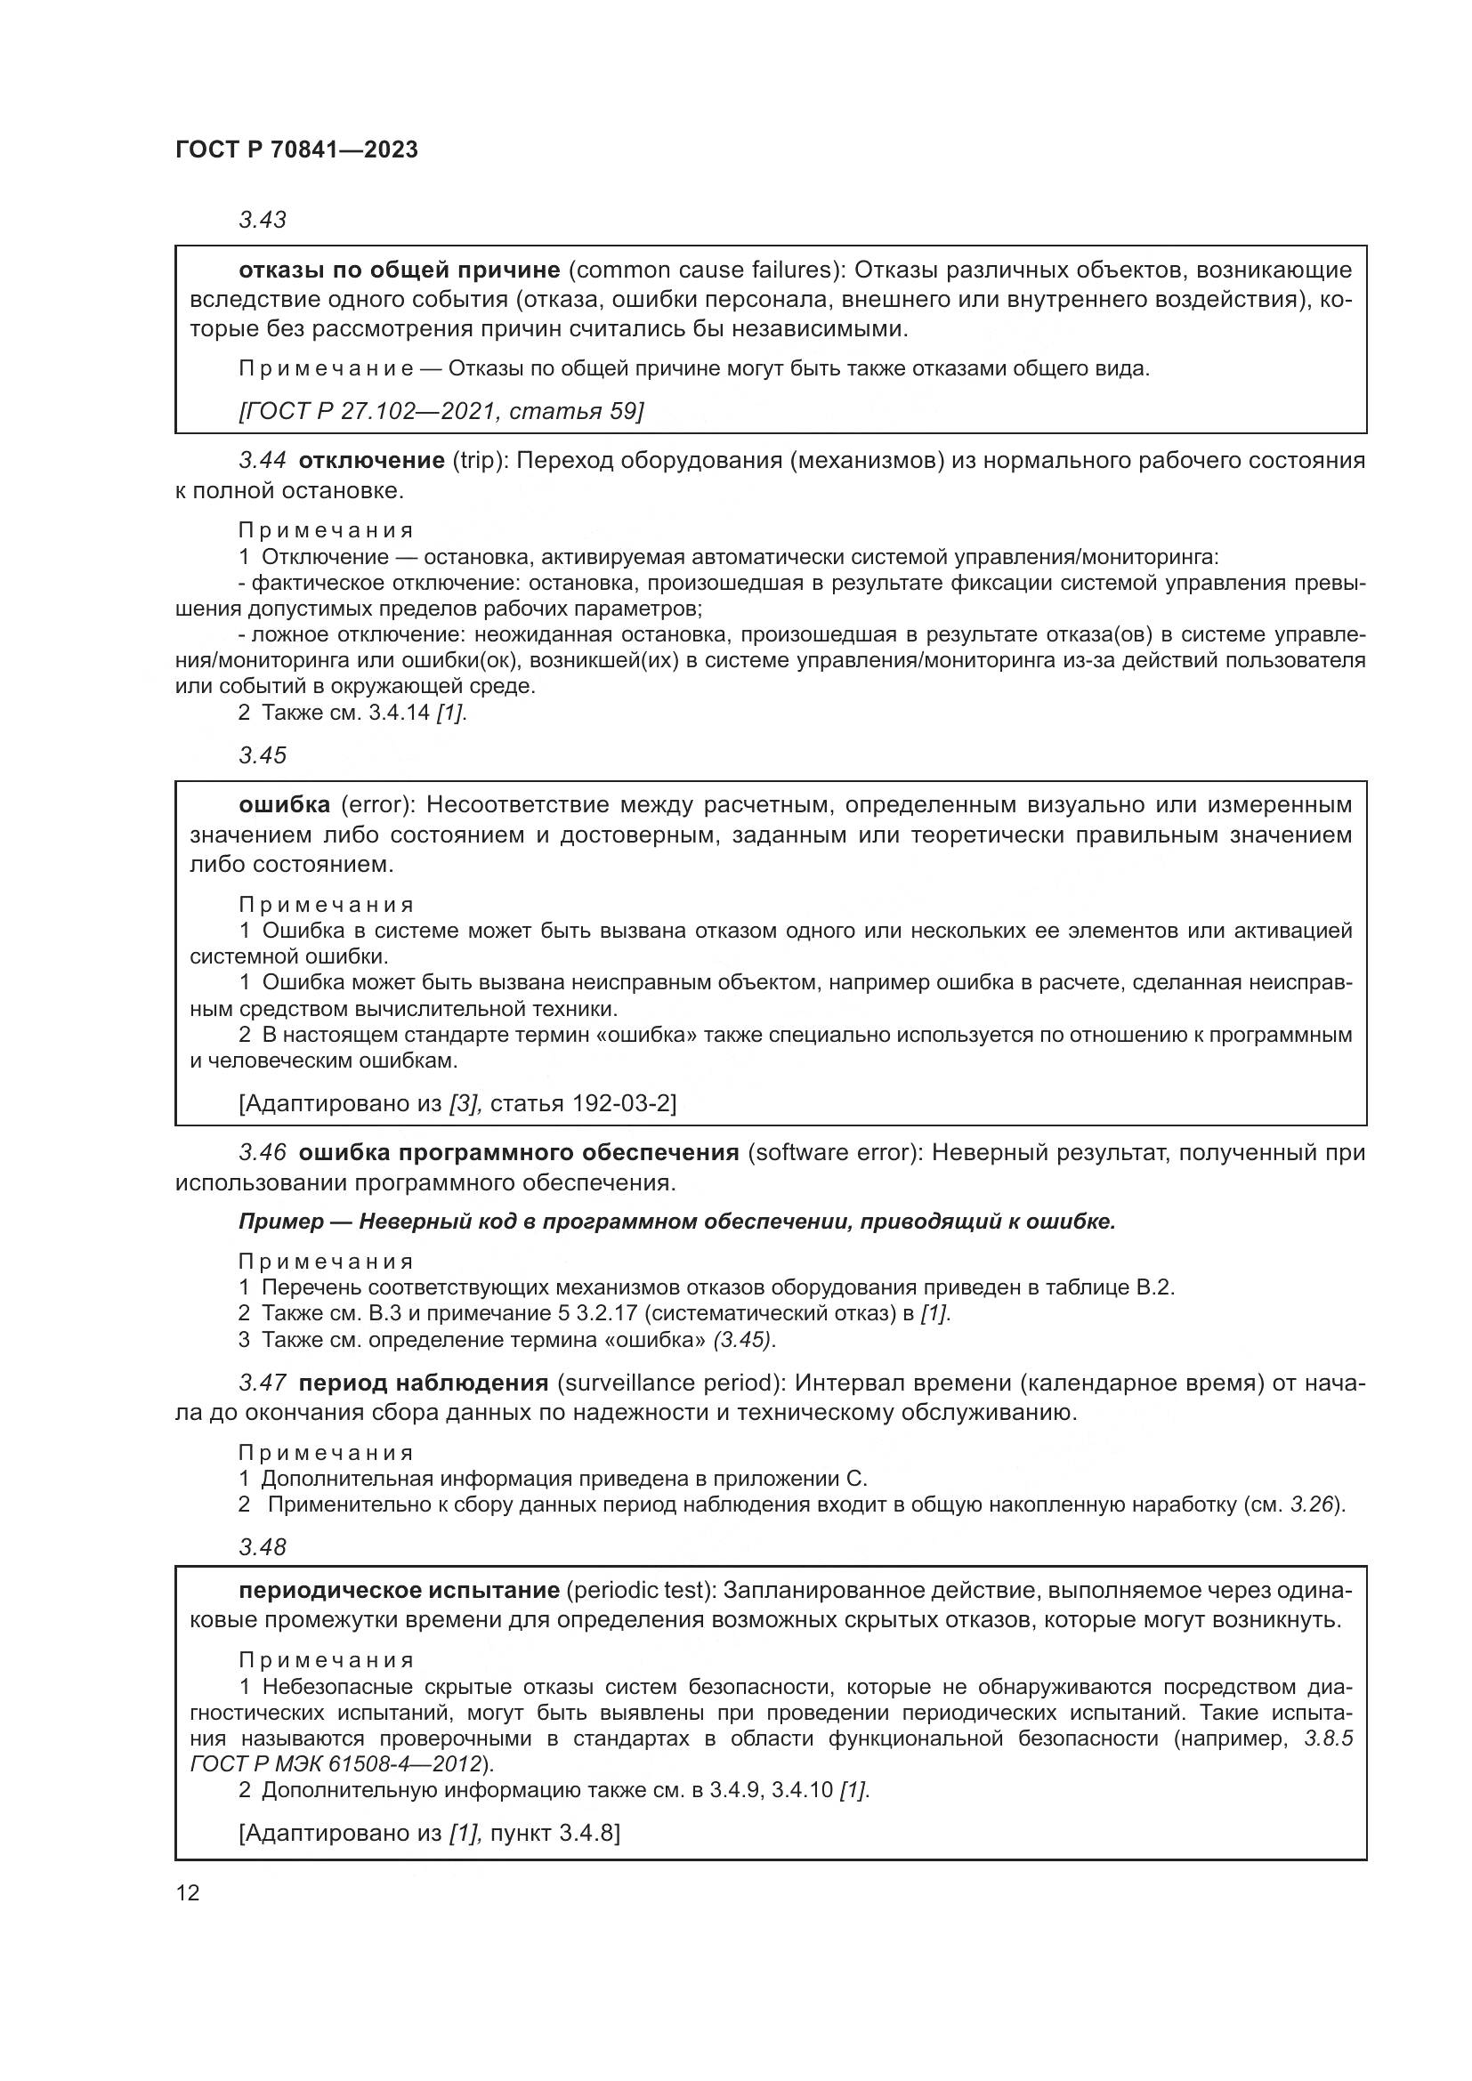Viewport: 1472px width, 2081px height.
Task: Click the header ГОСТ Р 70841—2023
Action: [x=296, y=150]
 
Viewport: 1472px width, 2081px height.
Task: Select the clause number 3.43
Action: [x=262, y=221]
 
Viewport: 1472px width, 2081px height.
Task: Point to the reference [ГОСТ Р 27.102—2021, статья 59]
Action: [x=441, y=412]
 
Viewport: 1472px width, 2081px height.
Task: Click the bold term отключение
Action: [x=371, y=461]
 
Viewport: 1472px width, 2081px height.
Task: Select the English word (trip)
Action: [x=481, y=461]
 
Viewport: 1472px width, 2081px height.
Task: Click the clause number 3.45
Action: [x=262, y=755]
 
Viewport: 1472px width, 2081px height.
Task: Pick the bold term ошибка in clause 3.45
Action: [x=284, y=805]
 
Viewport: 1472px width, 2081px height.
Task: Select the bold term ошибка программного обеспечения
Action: [x=519, y=1153]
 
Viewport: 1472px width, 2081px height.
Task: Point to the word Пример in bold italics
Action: [x=281, y=1222]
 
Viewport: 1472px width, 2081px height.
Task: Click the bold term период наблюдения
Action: [x=424, y=1383]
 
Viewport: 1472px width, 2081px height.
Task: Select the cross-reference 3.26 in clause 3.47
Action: [x=1314, y=1504]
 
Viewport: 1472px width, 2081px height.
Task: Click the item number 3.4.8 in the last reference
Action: [x=587, y=1833]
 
